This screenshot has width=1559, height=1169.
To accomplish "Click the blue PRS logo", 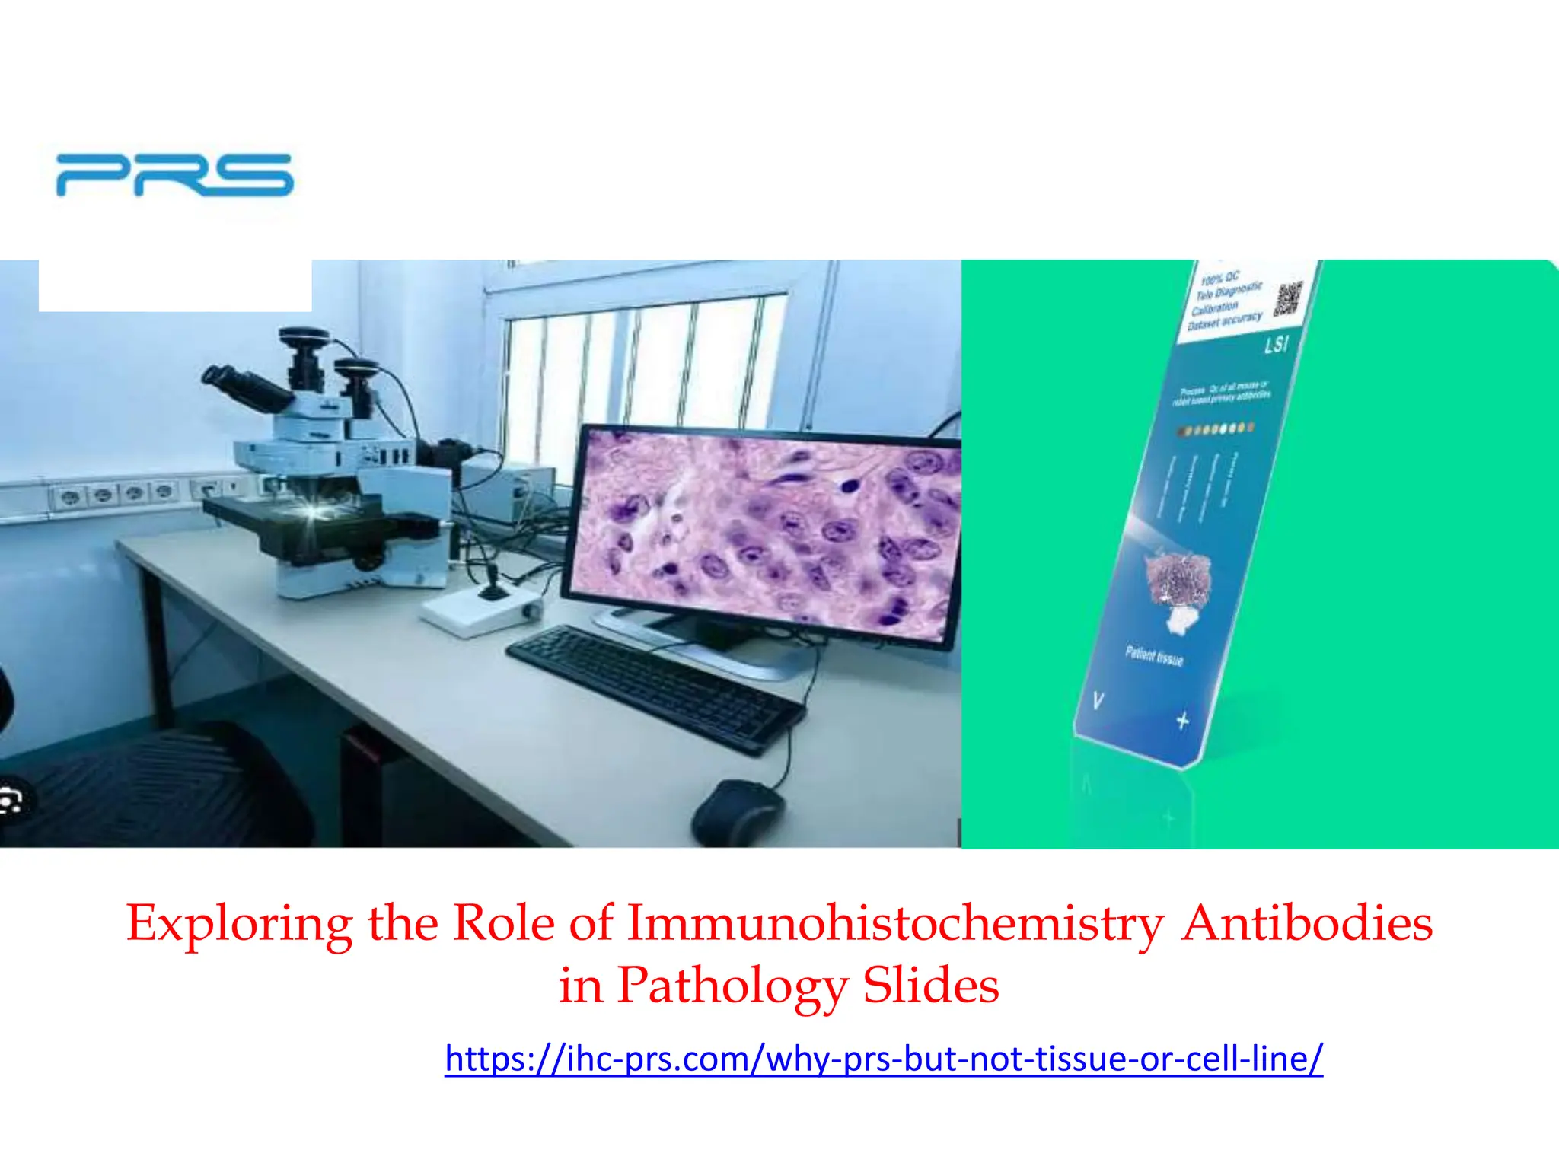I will pos(174,175).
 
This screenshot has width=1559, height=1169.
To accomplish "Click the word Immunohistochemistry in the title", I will pos(895,923).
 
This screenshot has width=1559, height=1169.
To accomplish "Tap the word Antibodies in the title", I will pos(1306,923).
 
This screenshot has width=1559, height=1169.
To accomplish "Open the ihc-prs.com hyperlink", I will pos(883,1059).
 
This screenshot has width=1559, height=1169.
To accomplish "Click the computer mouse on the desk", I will pos(737,813).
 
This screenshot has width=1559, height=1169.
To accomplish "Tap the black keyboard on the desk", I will pos(655,689).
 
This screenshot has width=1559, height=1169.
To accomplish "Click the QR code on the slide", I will pos(1288,298).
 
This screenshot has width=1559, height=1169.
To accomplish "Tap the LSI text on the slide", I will pos(1276,345).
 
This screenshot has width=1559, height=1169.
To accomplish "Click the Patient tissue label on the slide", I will pos(1154,655).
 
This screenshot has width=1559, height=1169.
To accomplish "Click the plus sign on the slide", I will pos(1182,719).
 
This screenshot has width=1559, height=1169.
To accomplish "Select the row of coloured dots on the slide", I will pos(1215,429).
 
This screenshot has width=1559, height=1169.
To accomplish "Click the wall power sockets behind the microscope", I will pos(118,494).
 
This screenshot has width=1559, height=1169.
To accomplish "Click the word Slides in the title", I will pos(930,985).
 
